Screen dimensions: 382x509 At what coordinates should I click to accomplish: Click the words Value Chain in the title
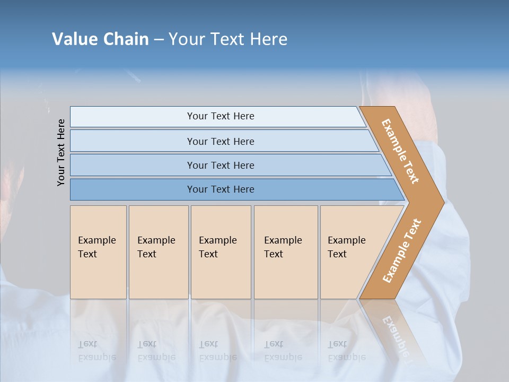tap(100, 39)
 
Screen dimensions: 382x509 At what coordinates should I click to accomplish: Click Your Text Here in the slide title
tap(228, 39)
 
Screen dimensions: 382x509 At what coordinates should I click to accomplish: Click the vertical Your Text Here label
tap(61, 152)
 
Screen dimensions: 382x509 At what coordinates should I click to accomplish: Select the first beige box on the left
tap(98, 252)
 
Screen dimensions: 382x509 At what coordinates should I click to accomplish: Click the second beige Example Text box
tap(158, 252)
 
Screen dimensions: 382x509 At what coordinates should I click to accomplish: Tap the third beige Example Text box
tap(220, 252)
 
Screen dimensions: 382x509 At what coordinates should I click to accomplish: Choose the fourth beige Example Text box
tap(285, 252)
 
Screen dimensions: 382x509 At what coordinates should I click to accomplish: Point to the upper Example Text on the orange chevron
tap(400, 151)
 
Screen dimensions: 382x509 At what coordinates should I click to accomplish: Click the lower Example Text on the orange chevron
tap(401, 251)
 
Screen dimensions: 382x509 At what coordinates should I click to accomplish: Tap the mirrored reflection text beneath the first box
tap(96, 351)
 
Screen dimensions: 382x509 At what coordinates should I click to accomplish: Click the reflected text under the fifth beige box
tap(346, 351)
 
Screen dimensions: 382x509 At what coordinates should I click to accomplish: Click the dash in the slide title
tap(159, 39)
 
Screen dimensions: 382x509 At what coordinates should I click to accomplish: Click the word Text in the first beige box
tap(87, 254)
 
